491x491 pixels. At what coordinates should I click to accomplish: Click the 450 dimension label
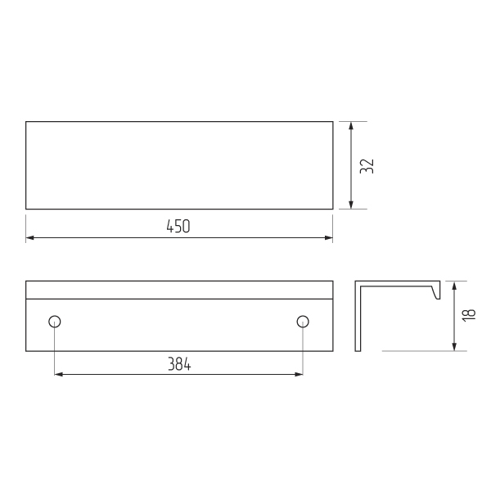(178, 226)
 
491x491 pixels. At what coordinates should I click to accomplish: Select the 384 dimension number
(179, 364)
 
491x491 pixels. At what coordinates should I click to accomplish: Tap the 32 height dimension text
(367, 166)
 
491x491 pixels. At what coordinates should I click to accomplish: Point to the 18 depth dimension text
(468, 315)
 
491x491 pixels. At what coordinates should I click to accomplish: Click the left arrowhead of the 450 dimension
(29, 238)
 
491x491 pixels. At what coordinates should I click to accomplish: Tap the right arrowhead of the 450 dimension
(329, 238)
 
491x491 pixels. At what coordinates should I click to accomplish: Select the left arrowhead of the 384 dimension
(59, 374)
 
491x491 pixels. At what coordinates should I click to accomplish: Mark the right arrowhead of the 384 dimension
(299, 374)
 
